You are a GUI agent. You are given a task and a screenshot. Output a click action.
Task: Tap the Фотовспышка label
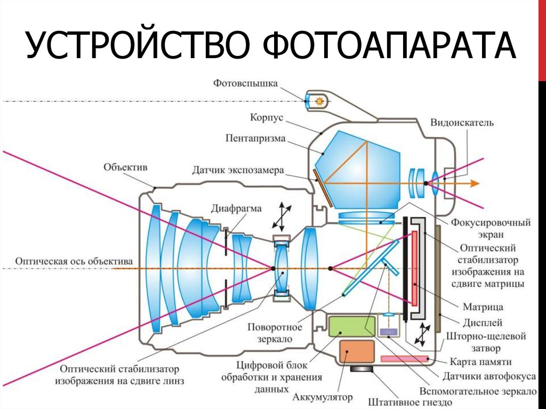[246, 83]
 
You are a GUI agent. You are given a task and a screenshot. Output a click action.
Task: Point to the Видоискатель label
[462, 123]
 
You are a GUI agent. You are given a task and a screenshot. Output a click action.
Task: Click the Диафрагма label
[236, 208]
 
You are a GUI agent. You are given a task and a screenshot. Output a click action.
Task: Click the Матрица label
[483, 307]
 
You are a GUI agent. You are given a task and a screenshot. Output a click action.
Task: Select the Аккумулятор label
[323, 397]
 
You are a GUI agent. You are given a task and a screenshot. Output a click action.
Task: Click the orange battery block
[356, 352]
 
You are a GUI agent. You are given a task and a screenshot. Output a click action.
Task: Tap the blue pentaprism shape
[363, 171]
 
